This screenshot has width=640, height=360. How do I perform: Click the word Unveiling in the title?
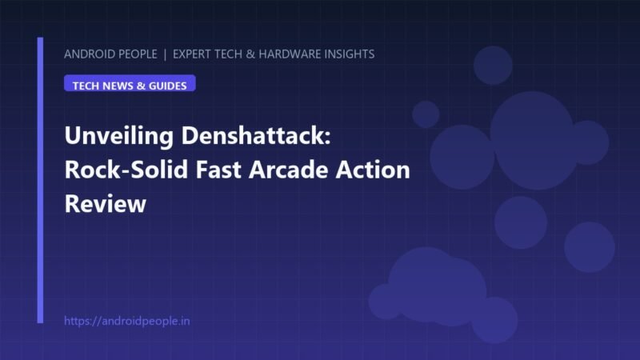[118, 136]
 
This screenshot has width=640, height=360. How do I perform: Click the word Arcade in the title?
[288, 170]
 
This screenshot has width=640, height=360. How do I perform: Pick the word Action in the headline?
[373, 170]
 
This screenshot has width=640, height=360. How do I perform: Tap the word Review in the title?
[106, 203]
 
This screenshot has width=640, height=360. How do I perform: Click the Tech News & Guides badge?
[130, 83]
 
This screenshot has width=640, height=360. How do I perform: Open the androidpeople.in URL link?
[127, 321]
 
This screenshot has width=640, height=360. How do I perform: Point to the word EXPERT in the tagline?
[192, 54]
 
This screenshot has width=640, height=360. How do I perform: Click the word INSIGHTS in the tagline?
[346, 54]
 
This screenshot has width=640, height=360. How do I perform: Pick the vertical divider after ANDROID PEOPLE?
[165, 54]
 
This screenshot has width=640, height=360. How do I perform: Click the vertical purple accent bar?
[40, 180]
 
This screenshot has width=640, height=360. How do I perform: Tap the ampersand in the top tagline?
[250, 54]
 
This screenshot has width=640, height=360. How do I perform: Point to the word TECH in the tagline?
[228, 54]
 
